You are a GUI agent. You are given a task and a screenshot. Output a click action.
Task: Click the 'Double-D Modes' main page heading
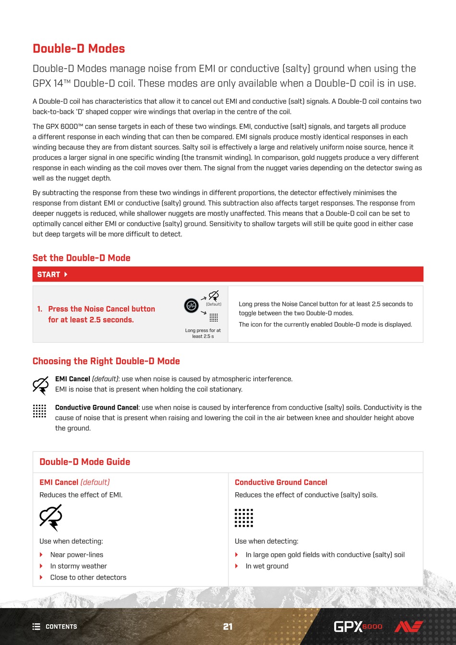pos(79,49)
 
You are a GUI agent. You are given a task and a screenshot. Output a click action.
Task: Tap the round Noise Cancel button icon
pos(192,305)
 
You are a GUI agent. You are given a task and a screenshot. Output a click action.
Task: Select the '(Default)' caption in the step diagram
pos(214,304)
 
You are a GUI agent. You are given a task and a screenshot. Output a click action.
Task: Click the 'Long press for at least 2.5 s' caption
pos(203,333)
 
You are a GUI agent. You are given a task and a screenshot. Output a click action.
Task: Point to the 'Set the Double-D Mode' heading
pos(82,258)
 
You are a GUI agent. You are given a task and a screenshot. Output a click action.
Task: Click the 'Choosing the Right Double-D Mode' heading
pos(106,361)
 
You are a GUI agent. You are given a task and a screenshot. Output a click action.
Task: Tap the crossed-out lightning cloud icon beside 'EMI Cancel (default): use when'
pos(41,386)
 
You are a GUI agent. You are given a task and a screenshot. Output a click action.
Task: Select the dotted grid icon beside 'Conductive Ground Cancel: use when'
pos(39,411)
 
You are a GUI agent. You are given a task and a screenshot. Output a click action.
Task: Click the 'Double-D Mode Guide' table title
pos(85,462)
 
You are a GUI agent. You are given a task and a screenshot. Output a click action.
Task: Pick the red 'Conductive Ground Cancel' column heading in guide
pos(281,482)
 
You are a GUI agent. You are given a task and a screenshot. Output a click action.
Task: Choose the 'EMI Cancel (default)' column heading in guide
pos(74,482)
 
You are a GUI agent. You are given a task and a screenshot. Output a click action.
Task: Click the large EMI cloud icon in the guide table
pos(51,517)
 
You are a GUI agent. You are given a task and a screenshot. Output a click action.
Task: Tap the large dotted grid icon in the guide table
pos(244,518)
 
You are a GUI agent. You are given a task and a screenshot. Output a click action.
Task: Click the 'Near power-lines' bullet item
pos(77,555)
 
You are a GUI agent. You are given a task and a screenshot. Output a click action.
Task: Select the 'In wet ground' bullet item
pos(267,566)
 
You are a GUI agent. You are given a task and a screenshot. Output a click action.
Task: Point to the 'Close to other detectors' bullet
pos(88,577)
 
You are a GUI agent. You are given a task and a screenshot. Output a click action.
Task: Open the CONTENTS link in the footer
pos(55,627)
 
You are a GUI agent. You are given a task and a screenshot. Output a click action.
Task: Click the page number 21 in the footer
pos(228,626)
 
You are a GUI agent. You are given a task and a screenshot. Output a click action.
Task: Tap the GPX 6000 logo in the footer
pos(358,627)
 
